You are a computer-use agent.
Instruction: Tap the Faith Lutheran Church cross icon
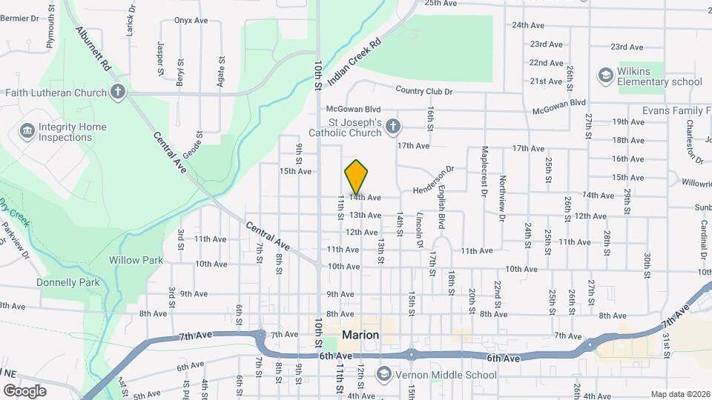[x=116, y=93]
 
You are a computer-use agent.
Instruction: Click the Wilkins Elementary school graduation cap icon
[x=605, y=76]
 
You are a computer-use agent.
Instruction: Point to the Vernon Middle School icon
[x=383, y=375]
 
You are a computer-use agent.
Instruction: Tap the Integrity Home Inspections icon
[x=27, y=132]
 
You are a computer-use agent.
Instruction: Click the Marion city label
[x=360, y=335]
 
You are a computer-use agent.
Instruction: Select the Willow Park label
[x=136, y=260]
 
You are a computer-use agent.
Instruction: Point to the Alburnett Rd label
[x=92, y=50]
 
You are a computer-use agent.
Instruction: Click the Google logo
[x=24, y=390]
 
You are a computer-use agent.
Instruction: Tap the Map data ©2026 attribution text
[x=681, y=394]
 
